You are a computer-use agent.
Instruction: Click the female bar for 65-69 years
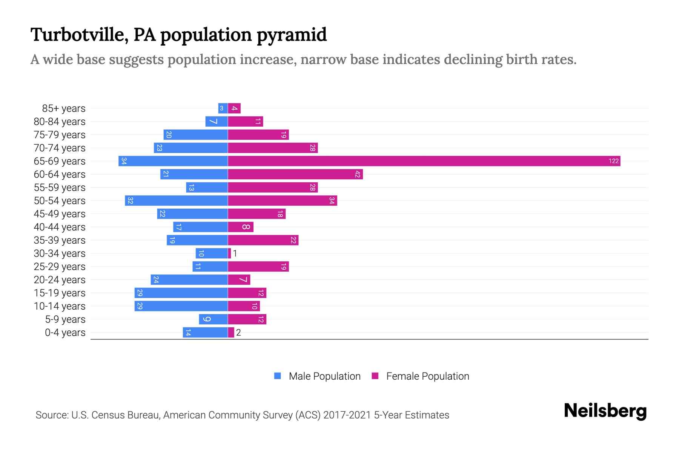pos(424,161)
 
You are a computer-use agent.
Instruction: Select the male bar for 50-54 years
pos(177,201)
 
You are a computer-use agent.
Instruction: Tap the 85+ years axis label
pos(64,108)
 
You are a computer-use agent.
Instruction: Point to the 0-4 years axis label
pos(65,333)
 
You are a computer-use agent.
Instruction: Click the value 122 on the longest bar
pos(613,161)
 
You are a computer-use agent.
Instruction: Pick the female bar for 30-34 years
pos(229,253)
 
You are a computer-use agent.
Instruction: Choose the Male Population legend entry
pos(317,376)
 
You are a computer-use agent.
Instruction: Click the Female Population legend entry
pos(420,376)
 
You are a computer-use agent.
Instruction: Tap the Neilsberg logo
pos(605,411)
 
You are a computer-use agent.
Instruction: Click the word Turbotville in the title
pos(78,35)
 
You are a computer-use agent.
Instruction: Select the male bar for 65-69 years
pos(173,161)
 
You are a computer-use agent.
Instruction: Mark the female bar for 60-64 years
pos(295,174)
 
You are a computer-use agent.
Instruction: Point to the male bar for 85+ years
pos(223,108)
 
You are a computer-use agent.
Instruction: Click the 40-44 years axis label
pos(60,227)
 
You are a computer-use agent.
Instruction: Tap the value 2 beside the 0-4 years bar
pos(238,333)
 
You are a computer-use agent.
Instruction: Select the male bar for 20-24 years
pos(189,280)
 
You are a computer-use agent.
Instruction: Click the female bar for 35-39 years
pos(263,240)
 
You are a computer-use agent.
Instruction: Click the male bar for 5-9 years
pos(214,319)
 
